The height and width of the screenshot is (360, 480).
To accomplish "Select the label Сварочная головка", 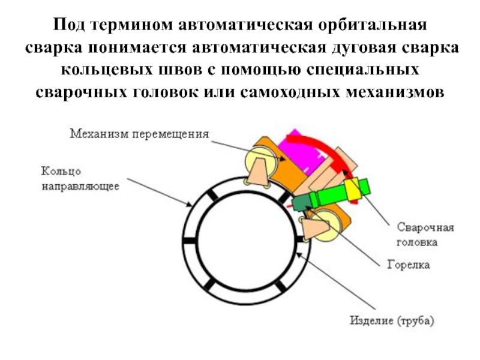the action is (425, 236).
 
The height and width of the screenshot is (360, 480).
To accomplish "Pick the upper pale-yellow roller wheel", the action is (259, 161).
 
